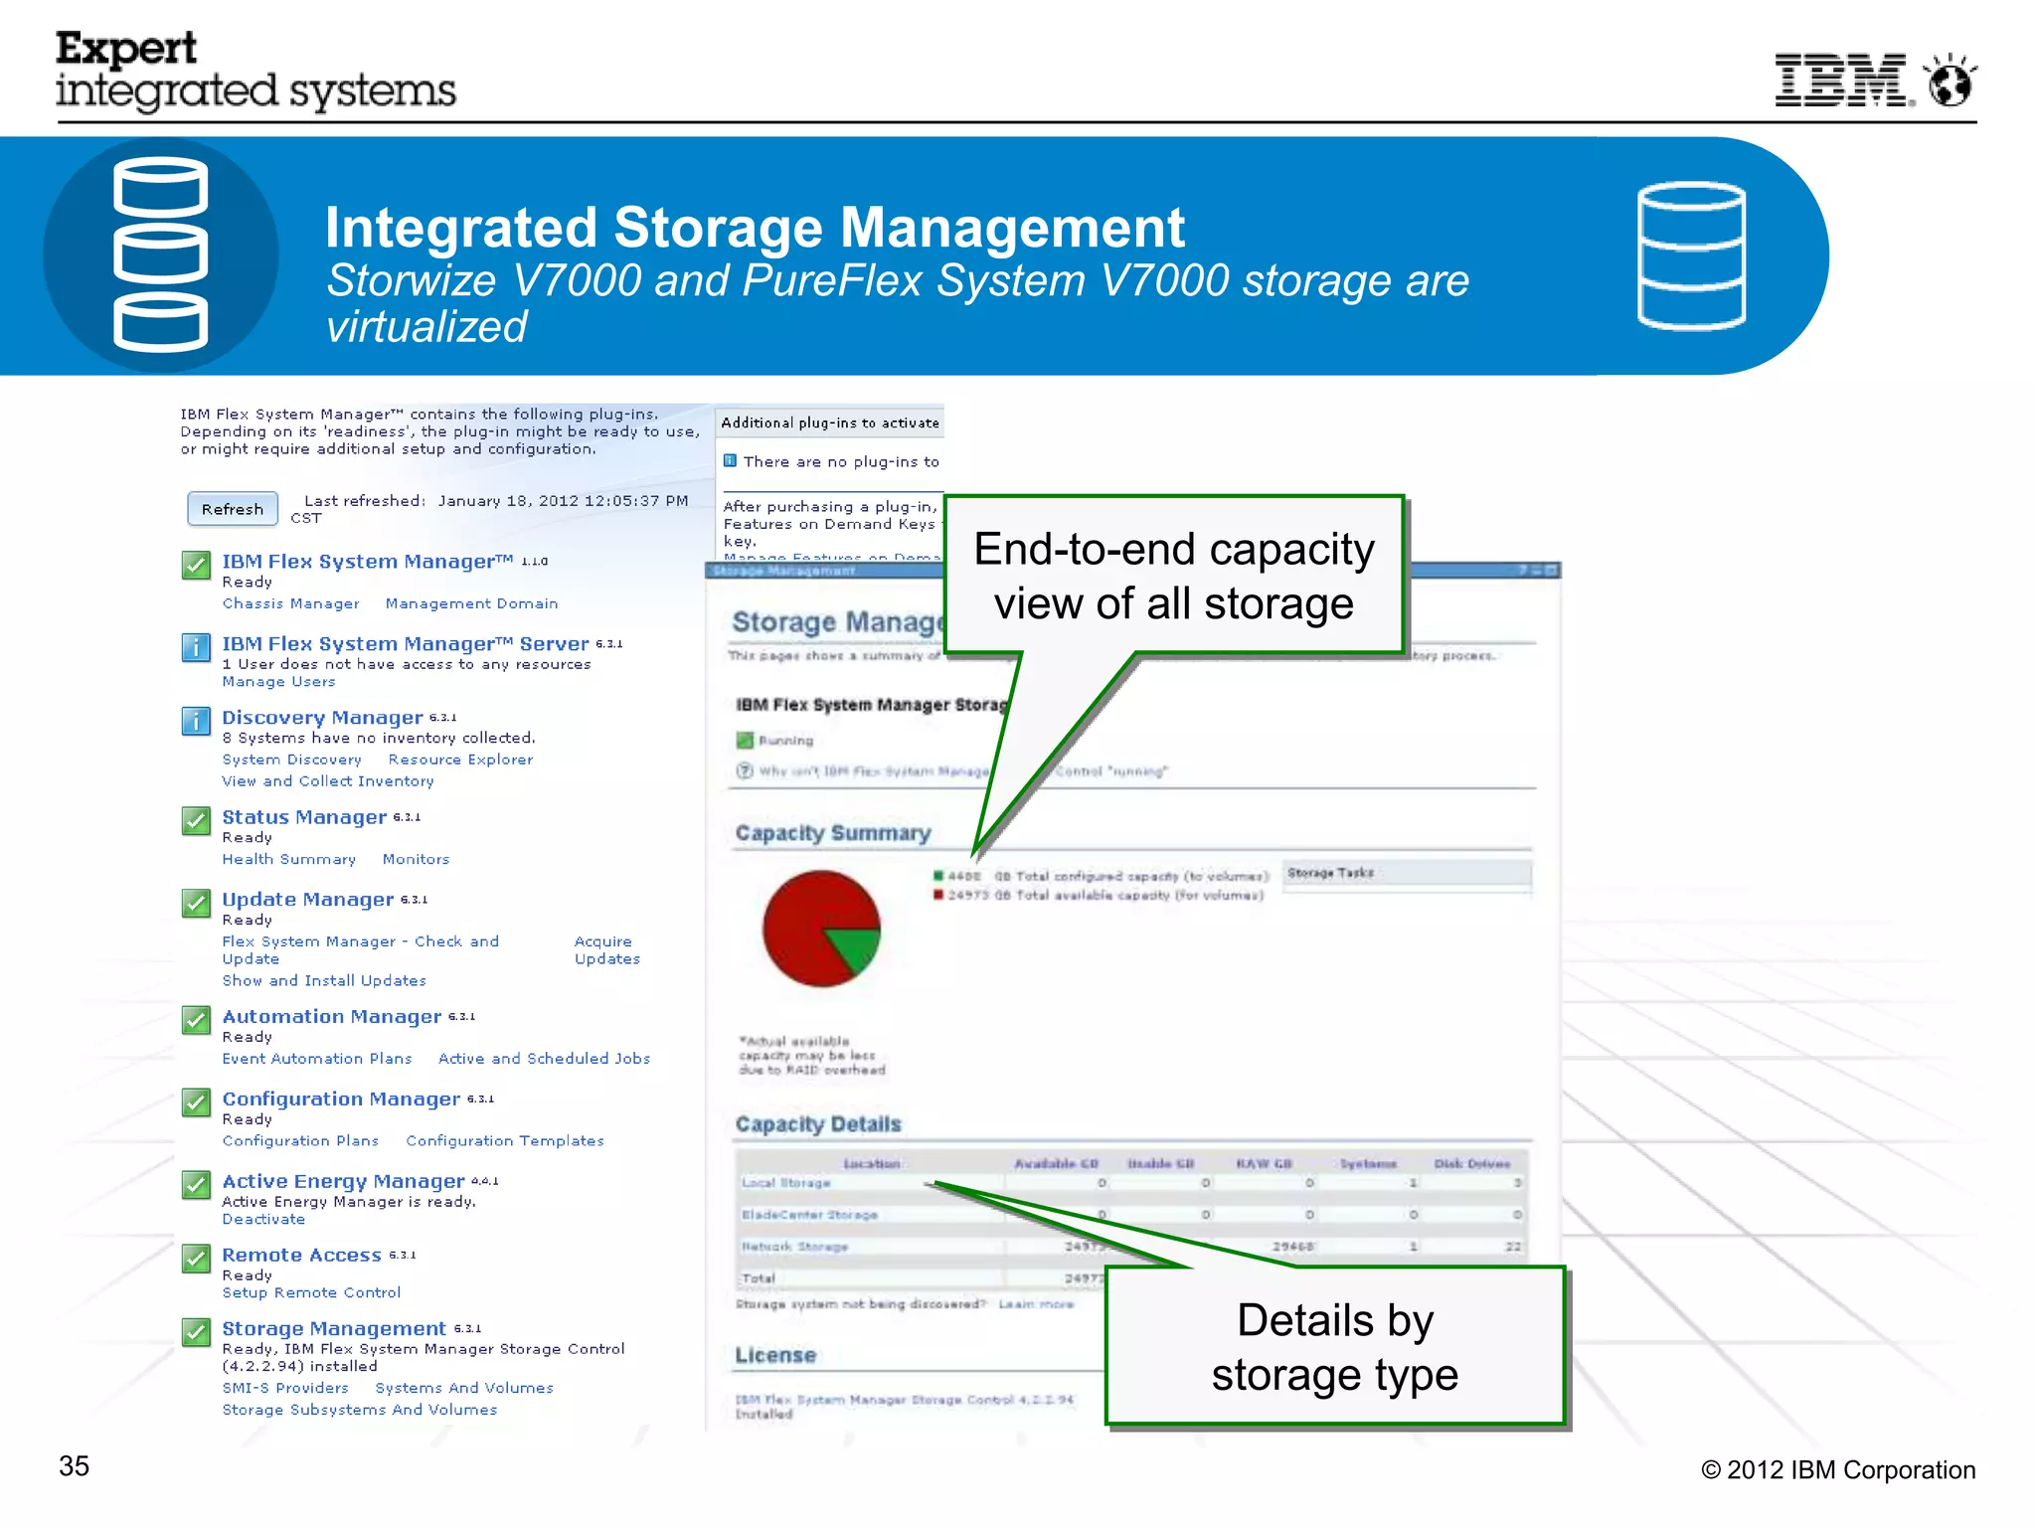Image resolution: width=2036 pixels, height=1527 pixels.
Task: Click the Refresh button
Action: click(x=233, y=509)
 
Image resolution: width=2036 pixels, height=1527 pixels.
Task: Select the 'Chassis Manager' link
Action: click(x=290, y=603)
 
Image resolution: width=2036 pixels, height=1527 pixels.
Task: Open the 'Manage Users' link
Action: click(x=278, y=682)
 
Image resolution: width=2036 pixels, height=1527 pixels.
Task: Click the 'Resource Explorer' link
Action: click(x=460, y=760)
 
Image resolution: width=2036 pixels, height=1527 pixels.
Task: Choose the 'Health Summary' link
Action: click(x=288, y=859)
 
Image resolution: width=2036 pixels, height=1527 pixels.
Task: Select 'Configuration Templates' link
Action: click(x=504, y=1140)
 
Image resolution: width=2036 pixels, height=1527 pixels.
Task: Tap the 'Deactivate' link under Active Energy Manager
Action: click(x=263, y=1219)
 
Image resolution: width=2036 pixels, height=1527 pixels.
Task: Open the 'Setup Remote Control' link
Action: click(x=311, y=1292)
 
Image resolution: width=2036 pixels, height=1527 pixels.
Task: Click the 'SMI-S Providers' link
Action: click(x=285, y=1388)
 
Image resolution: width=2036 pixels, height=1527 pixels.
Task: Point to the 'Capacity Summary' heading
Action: click(x=833, y=833)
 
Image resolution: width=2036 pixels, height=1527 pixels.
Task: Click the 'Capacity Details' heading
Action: click(x=818, y=1124)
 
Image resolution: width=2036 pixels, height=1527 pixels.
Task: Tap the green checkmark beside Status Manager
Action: click(x=196, y=821)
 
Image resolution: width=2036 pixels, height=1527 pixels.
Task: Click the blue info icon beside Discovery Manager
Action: click(x=196, y=721)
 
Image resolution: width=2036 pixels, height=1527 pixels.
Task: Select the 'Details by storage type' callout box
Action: click(x=1335, y=1347)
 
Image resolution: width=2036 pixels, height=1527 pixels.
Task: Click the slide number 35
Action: click(x=75, y=1466)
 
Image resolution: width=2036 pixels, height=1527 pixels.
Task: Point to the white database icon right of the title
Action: click(x=1691, y=255)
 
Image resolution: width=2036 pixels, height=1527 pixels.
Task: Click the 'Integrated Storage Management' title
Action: click(x=755, y=228)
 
